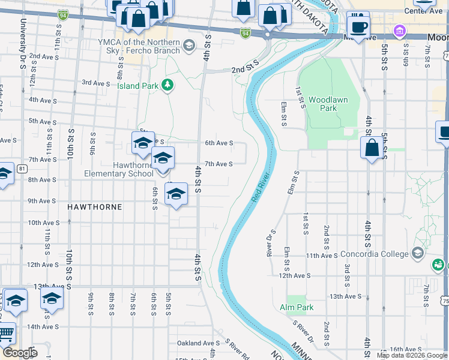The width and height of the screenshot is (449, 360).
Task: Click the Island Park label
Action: (x=137, y=86)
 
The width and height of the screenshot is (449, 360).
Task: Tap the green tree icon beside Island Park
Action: (x=168, y=85)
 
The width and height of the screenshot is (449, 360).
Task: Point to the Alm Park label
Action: (x=297, y=307)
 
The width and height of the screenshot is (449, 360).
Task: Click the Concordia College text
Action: (x=374, y=254)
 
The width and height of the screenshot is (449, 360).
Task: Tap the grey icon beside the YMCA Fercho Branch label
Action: (x=189, y=46)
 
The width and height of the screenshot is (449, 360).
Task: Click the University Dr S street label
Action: (x=22, y=34)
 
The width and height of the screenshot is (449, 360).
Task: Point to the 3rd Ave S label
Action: (x=95, y=83)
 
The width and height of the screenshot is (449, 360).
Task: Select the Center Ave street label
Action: (x=420, y=10)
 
